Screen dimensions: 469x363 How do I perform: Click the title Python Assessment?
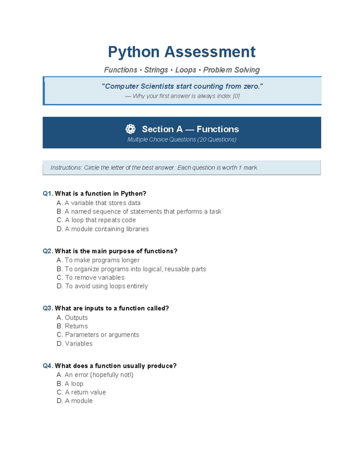pos(181,52)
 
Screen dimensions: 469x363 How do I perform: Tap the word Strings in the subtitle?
pos(156,70)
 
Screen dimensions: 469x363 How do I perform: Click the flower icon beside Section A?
pos(130,129)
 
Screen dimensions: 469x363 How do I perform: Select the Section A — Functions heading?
pos(190,129)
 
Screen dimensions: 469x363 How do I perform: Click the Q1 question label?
pos(48,194)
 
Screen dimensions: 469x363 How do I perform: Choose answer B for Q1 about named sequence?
pos(139,212)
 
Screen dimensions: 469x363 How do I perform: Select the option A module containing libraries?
pos(103,229)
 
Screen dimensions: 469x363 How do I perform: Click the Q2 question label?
pos(48,251)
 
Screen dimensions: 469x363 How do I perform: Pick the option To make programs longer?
pos(98,260)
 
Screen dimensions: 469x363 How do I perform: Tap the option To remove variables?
pos(91,278)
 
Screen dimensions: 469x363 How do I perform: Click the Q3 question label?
pos(48,308)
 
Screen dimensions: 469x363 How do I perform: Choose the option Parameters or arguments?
pos(98,335)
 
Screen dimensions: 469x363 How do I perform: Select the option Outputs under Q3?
pos(72,318)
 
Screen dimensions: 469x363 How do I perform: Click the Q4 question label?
pos(48,366)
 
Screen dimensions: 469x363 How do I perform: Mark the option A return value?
pos(81,392)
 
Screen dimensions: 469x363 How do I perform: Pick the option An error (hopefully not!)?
pos(95,375)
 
